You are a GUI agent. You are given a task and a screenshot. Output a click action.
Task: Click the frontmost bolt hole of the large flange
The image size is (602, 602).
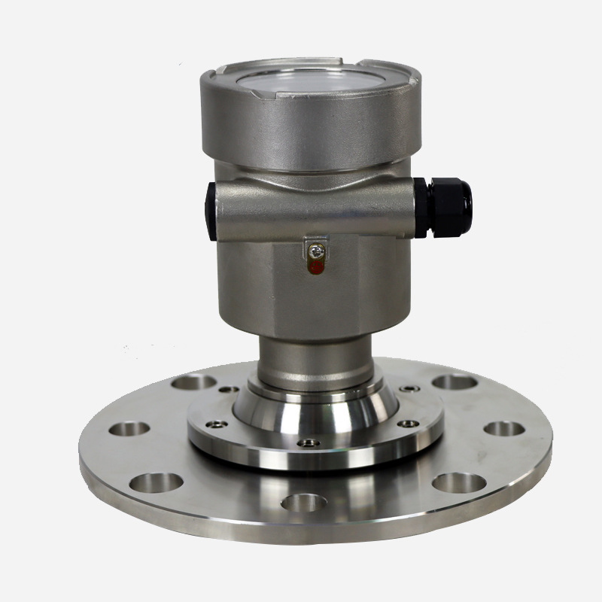(x=304, y=502)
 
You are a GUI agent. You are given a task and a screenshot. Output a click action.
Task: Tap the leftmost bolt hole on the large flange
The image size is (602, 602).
(x=129, y=429)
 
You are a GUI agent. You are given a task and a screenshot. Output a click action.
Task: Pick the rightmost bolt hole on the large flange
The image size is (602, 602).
(x=503, y=428)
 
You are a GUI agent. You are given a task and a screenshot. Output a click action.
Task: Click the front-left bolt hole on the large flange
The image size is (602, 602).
(x=157, y=481)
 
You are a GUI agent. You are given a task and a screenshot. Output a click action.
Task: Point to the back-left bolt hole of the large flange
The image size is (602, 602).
(x=193, y=382)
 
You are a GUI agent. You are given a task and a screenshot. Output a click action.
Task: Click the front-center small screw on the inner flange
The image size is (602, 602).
(x=307, y=442)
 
